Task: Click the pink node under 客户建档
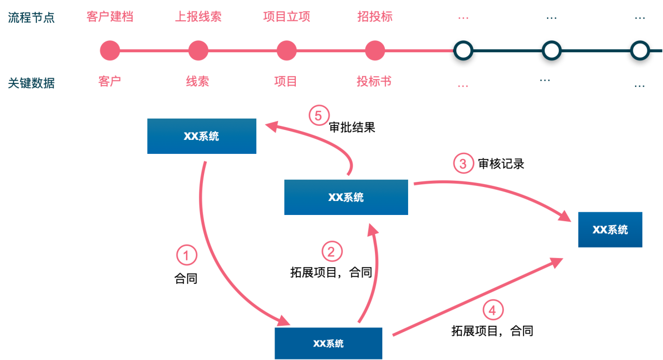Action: [110, 51]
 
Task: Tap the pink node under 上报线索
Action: [198, 51]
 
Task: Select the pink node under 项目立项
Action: [286, 51]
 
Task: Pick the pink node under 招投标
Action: [375, 51]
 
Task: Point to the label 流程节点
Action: [32, 18]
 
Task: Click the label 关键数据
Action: [32, 83]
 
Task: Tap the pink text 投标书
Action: [374, 81]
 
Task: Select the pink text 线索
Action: [197, 81]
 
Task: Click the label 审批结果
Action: [352, 127]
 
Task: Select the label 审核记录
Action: [501, 164]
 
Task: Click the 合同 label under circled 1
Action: [186, 278]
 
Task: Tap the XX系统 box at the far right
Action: [610, 229]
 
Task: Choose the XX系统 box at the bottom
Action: [328, 343]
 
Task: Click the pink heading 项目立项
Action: [286, 17]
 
